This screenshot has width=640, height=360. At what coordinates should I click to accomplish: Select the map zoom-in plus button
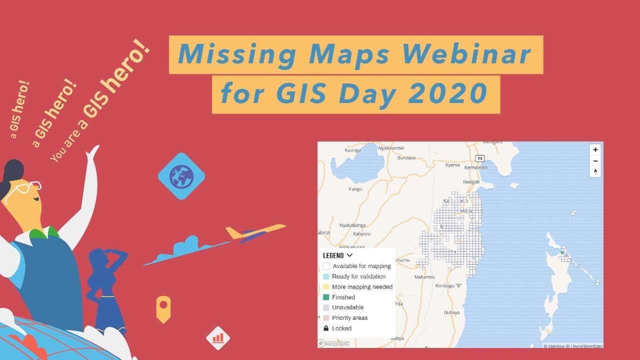595,149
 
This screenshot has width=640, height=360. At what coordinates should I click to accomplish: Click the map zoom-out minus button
595,160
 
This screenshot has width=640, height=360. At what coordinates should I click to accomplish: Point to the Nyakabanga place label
352,225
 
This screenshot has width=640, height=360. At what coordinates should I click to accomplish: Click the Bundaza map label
406,158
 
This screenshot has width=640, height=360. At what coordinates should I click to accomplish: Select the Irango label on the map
355,189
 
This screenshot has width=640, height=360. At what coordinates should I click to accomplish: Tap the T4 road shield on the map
480,158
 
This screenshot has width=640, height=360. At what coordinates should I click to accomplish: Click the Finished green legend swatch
326,297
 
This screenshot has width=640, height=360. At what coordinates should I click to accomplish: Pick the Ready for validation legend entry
358,276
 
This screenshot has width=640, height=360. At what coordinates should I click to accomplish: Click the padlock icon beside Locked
326,328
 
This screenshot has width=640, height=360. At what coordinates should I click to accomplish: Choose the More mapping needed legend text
362,287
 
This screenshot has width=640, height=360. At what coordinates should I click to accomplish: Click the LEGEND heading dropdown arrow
349,255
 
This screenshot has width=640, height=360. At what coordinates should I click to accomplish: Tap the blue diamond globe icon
181,176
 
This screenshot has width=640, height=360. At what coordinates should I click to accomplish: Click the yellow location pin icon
163,308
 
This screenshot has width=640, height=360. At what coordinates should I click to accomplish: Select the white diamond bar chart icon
218,338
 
